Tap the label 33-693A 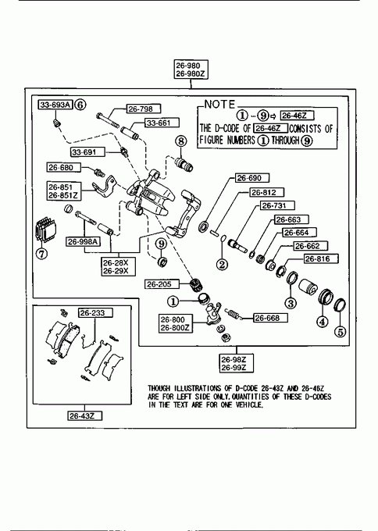[x=55, y=105]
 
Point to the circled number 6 [x=80, y=105]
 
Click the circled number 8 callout [x=181, y=141]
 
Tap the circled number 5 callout [x=341, y=332]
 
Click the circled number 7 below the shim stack [x=41, y=253]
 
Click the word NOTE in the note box [x=219, y=105]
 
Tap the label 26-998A [x=84, y=241]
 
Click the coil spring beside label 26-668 [x=234, y=314]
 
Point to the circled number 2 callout [x=223, y=264]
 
